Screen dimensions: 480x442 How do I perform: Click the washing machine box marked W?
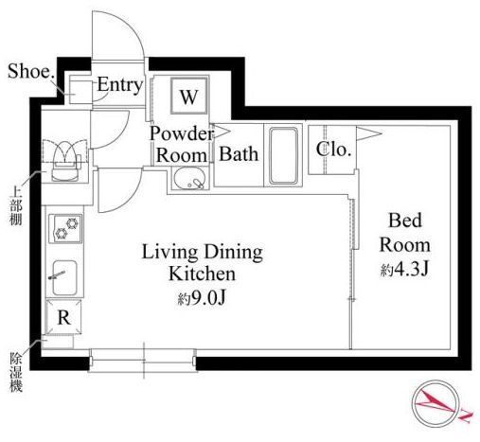point(188,96)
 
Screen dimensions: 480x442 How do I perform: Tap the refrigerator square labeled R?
point(63,317)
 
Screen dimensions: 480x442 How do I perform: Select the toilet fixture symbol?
point(65,161)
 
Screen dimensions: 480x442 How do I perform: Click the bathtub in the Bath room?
point(283,155)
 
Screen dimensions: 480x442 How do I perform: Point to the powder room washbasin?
point(189,179)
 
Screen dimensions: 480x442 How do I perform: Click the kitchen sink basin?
point(64,278)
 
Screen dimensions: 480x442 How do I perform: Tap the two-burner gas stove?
point(65,228)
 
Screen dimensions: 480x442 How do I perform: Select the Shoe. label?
point(30,71)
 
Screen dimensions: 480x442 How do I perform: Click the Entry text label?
point(120,85)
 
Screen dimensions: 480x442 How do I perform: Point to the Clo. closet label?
point(333,150)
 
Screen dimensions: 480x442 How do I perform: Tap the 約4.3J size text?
point(405,270)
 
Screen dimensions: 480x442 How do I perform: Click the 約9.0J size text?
point(202,298)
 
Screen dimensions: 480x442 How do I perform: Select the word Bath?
point(239,154)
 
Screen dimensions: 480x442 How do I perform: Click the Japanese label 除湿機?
point(15,372)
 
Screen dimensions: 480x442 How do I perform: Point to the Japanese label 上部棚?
point(15,206)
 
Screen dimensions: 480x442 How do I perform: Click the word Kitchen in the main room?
point(203,274)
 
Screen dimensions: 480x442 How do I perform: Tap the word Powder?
point(182,133)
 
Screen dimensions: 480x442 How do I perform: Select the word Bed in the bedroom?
point(405,221)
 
